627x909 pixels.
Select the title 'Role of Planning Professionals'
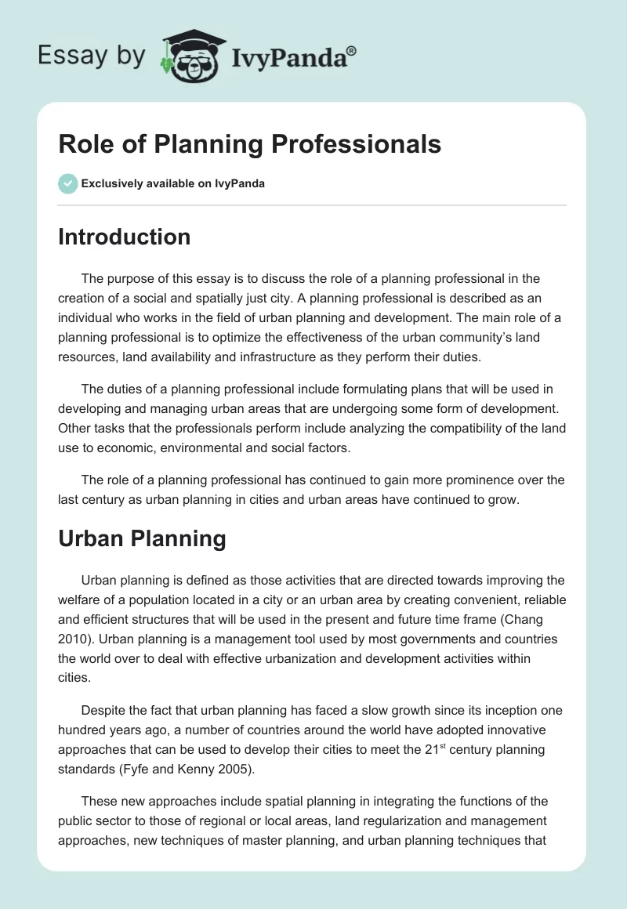click(x=249, y=145)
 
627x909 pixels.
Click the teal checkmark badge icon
click(x=67, y=183)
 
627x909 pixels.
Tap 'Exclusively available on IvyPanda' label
click(x=173, y=184)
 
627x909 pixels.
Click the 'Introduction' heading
click(x=124, y=237)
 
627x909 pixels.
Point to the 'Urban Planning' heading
click(x=142, y=538)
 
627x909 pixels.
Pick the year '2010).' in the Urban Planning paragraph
click(x=75, y=639)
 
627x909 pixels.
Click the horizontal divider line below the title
click(x=312, y=205)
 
